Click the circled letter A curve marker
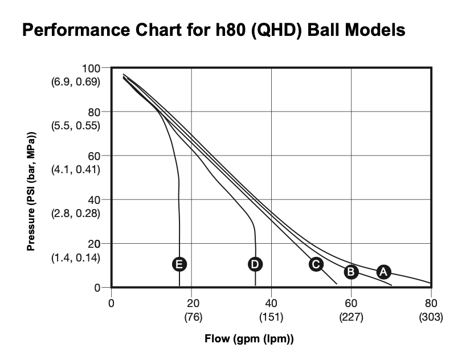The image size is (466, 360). tap(383, 272)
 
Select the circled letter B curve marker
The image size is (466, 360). tap(351, 272)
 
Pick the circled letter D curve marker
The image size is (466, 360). tap(255, 264)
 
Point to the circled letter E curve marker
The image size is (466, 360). tap(179, 264)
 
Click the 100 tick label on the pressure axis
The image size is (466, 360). tap(91, 68)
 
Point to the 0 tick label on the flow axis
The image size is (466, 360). tap(112, 302)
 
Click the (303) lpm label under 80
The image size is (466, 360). tap(431, 316)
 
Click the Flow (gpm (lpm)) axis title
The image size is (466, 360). tap(249, 339)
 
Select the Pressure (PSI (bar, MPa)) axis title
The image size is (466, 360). tap(32, 192)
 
